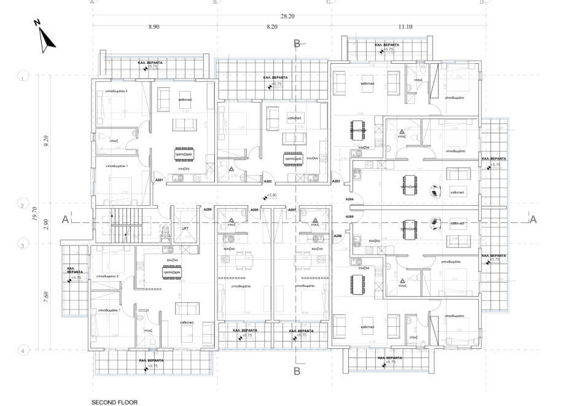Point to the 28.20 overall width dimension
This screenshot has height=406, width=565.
pyautogui.click(x=287, y=17)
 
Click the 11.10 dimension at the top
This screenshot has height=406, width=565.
pyautogui.click(x=405, y=27)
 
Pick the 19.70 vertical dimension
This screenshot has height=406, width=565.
pyautogui.click(x=36, y=213)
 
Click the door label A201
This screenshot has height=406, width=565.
pyautogui.click(x=158, y=181)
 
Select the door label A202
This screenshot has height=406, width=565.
pyautogui.click(x=267, y=182)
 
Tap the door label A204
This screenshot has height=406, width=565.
pyautogui.click(x=350, y=200)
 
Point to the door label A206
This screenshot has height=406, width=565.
pyautogui.click(x=337, y=236)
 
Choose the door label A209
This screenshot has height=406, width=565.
pyautogui.click(x=208, y=210)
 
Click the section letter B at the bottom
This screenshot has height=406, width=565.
pyautogui.click(x=297, y=371)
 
